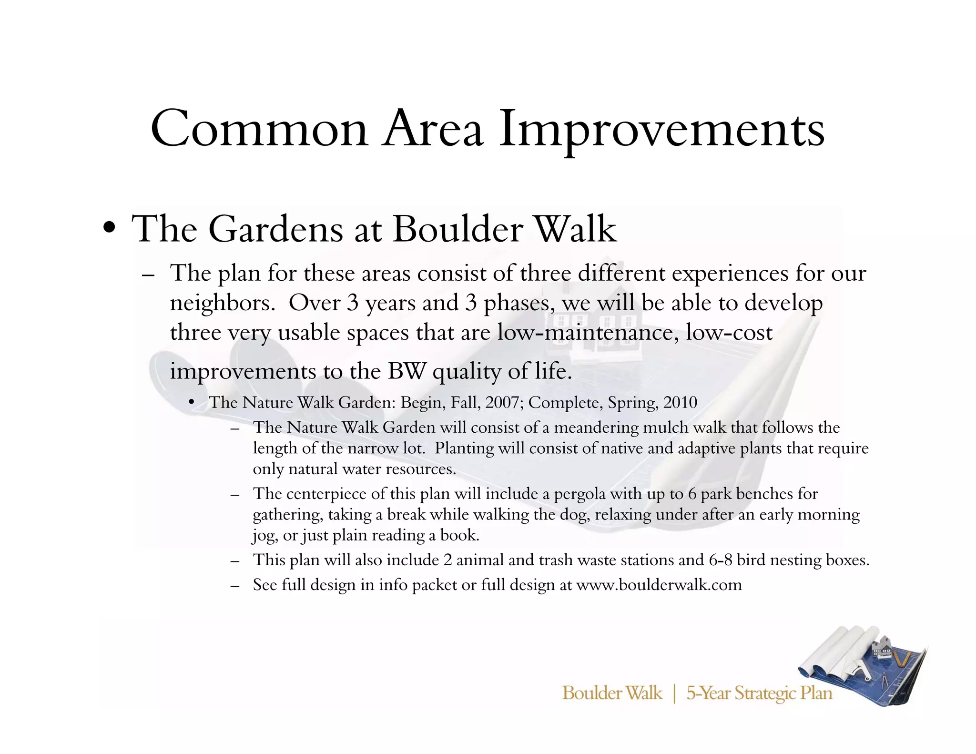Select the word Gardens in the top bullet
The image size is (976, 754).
click(x=275, y=229)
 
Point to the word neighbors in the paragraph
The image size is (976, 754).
click(x=221, y=303)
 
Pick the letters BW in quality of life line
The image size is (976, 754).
click(x=406, y=371)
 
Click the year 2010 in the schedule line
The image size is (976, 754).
click(x=680, y=403)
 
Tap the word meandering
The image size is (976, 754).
click(x=596, y=428)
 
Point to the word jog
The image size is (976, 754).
click(x=262, y=536)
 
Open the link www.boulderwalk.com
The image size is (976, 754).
click(x=659, y=585)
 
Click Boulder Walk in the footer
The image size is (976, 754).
click(x=612, y=693)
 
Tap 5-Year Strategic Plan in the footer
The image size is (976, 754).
click(x=759, y=693)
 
